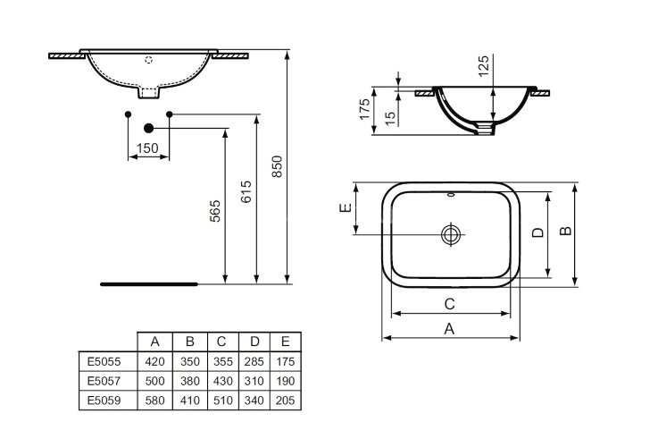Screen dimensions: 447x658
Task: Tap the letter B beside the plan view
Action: [564, 232]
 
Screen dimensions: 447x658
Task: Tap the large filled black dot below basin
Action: [148, 129]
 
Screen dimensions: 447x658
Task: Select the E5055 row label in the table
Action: [105, 362]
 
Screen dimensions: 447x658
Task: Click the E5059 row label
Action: [105, 401]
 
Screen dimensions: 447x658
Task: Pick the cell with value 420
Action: [154, 362]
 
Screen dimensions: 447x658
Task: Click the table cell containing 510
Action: [221, 401]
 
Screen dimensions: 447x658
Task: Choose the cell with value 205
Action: [286, 401]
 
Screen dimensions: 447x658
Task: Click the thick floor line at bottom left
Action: [148, 283]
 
